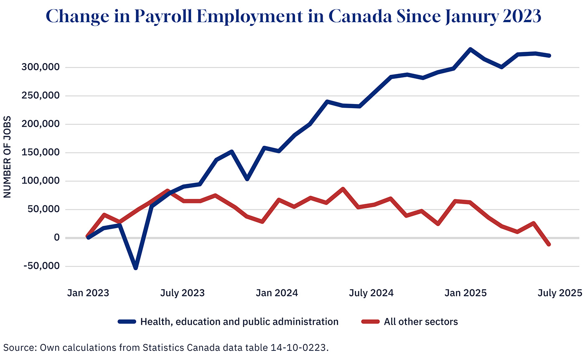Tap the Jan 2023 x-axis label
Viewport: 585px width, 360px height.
pos(88,293)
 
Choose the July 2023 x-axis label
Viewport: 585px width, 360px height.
pos(183,293)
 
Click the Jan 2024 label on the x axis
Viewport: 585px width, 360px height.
pos(277,293)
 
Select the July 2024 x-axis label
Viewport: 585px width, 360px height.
pos(371,293)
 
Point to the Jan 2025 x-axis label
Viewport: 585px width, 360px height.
pos(466,293)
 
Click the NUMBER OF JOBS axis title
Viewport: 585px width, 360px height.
pos(7,157)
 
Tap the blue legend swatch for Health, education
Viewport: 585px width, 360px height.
pos(127,322)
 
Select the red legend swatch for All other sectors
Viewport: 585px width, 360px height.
pos(370,322)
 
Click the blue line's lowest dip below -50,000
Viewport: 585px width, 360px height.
pos(135,268)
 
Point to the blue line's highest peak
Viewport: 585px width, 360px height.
pos(470,49)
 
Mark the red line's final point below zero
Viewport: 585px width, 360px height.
pos(549,244)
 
